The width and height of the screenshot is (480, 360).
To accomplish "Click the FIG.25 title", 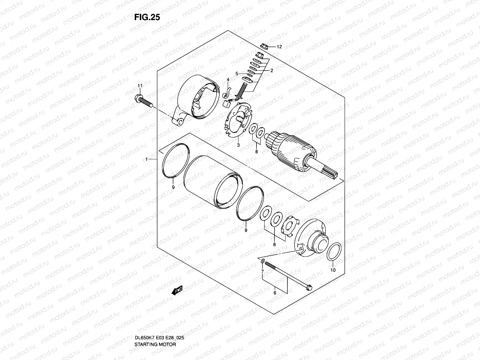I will tap(147, 17).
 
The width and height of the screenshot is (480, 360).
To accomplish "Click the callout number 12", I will tap(279, 47).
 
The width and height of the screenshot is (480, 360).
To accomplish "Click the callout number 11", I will tap(139, 86).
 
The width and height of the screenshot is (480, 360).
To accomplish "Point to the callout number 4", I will tap(228, 79).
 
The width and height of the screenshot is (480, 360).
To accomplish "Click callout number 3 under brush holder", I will tap(238, 145).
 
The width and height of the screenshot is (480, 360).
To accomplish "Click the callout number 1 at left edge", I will tap(147, 159).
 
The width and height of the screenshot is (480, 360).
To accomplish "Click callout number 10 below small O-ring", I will tap(333, 270).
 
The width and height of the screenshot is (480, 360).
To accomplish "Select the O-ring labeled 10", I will tap(334, 252).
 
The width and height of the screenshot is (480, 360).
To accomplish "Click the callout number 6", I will tap(275, 293).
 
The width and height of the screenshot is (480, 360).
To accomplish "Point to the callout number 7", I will tap(262, 271).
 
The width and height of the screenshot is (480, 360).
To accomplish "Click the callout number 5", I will tap(237, 73).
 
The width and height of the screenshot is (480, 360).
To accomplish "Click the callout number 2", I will tap(271, 71).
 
